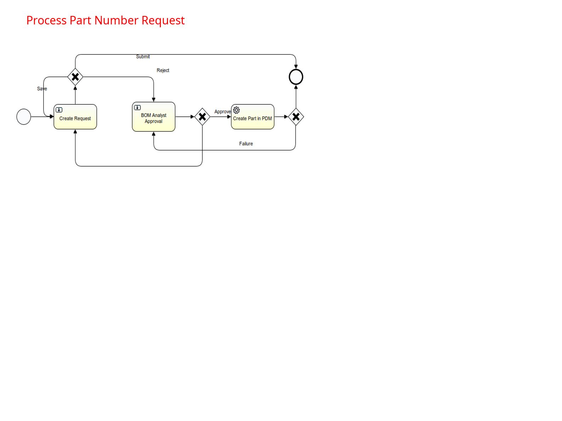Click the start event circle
pyautogui.click(x=24, y=117)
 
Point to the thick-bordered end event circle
pyautogui.click(x=296, y=77)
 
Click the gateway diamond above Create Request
pyautogui.click(x=75, y=77)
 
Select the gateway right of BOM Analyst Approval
pyautogui.click(x=202, y=117)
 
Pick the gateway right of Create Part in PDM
pyautogui.click(x=296, y=117)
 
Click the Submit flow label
pyautogui.click(x=143, y=57)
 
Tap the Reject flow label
pyautogui.click(x=163, y=70)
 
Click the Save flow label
pyautogui.click(x=42, y=89)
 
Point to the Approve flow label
pyautogui.click(x=222, y=112)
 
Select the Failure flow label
pyautogui.click(x=246, y=144)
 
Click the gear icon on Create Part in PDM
pyautogui.click(x=236, y=110)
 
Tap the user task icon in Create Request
pyautogui.click(x=59, y=110)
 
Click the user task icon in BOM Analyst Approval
pyautogui.click(x=137, y=108)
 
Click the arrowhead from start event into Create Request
pyautogui.click(x=52, y=117)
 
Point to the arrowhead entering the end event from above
pyautogui.click(x=296, y=67)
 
